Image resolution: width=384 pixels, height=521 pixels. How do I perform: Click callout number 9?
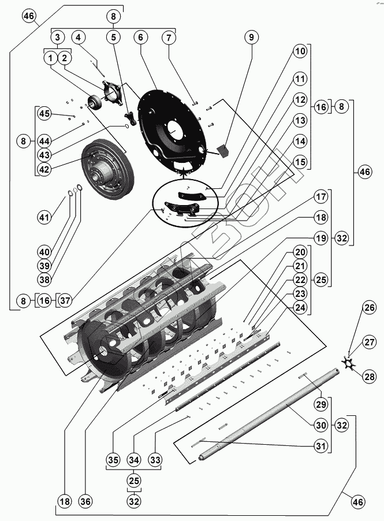click(x=251, y=38)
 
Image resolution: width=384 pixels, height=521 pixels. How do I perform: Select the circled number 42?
click(x=44, y=169)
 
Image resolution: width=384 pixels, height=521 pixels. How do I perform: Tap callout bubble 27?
click(x=370, y=342)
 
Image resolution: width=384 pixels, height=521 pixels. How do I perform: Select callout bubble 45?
click(x=44, y=113)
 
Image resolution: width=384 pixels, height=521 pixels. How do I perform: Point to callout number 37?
click(x=65, y=300)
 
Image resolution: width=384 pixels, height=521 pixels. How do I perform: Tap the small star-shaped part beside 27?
click(x=349, y=363)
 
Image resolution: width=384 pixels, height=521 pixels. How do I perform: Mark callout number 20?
click(x=300, y=252)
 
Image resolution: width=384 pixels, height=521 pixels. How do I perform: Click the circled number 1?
click(x=51, y=58)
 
